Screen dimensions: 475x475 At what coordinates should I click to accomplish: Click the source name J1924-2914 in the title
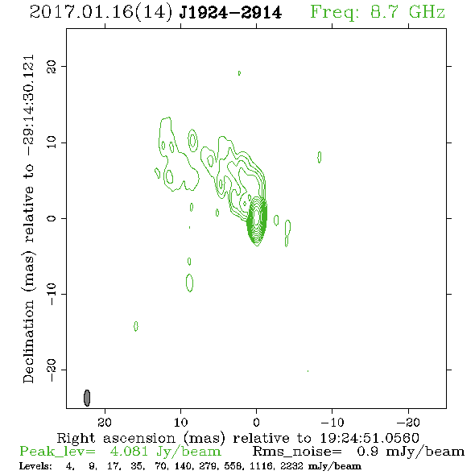(230, 13)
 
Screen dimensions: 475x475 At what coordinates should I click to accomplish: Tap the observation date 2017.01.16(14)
(101, 13)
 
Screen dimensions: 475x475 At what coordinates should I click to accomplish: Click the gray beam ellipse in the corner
(87, 398)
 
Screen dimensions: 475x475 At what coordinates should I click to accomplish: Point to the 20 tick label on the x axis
(105, 422)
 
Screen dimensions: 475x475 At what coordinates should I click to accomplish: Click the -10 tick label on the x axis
(332, 422)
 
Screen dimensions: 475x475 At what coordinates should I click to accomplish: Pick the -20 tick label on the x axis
(408, 422)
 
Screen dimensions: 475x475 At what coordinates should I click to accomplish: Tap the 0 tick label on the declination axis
(52, 218)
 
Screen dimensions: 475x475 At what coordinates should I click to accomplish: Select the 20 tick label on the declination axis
(52, 66)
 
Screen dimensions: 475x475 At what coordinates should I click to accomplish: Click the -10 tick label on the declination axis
(52, 294)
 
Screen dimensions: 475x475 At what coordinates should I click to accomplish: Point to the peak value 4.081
(129, 452)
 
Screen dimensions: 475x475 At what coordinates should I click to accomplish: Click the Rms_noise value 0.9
(367, 452)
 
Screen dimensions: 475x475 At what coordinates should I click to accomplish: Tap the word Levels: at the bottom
(35, 465)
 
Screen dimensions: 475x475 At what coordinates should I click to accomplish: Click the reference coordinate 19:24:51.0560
(370, 438)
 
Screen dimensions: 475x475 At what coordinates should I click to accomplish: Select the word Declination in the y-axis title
(29, 341)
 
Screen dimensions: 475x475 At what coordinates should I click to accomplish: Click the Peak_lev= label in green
(57, 452)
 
